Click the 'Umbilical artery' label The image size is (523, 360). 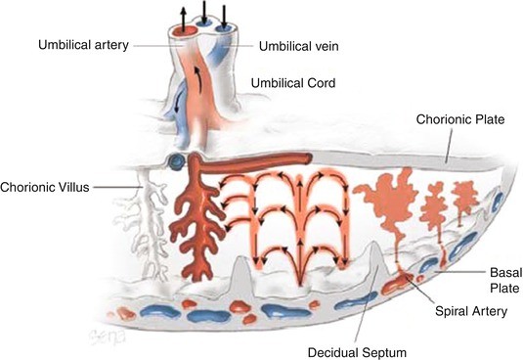point(85,45)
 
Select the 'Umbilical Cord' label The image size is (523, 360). point(293,84)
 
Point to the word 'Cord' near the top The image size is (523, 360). point(320,84)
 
